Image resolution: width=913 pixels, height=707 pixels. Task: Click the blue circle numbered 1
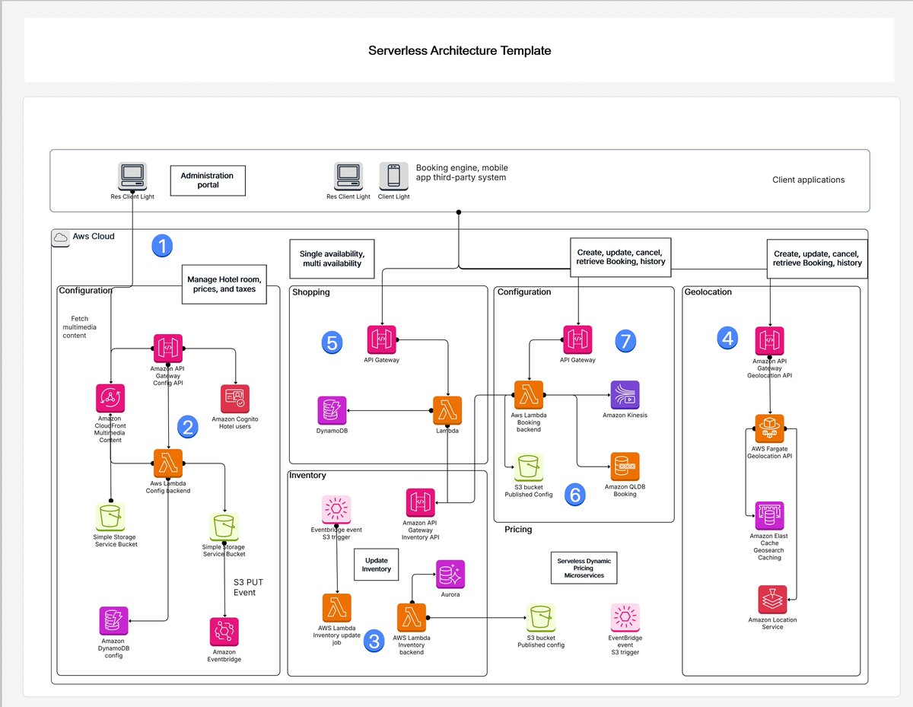tap(162, 246)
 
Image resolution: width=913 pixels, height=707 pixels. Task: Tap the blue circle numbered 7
tap(625, 341)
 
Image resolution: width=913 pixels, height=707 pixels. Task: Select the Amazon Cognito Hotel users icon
tap(235, 398)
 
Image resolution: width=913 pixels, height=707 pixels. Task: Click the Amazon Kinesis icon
tap(625, 395)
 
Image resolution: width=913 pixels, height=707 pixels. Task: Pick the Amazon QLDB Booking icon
tap(625, 467)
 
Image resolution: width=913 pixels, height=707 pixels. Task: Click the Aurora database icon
tap(450, 574)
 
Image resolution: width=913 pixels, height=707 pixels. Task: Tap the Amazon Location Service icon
tap(772, 600)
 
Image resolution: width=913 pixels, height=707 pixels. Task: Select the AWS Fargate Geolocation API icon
tap(769, 428)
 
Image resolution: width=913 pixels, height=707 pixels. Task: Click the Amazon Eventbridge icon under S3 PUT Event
tap(224, 632)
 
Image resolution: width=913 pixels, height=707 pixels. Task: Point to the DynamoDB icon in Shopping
tap(332, 411)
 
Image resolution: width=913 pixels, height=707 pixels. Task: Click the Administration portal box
tap(208, 180)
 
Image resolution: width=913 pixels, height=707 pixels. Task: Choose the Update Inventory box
tap(377, 564)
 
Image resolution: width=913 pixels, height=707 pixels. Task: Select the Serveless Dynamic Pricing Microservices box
tap(584, 568)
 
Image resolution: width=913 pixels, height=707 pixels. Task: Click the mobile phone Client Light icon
tap(393, 177)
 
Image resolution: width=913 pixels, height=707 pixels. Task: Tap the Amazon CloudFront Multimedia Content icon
tap(110, 398)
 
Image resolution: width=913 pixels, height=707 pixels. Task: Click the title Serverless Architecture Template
tap(460, 51)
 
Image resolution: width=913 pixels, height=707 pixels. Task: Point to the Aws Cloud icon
tap(61, 237)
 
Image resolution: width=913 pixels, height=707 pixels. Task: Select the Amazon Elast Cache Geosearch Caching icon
tap(769, 516)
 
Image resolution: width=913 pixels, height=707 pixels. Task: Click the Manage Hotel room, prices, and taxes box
tap(224, 284)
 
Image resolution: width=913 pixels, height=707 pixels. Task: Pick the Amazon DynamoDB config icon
tap(113, 621)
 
